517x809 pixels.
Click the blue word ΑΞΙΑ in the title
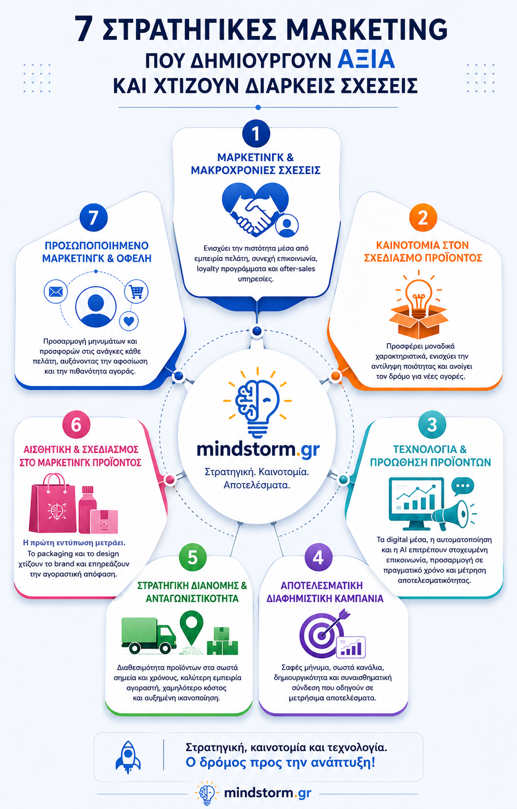[x=366, y=60]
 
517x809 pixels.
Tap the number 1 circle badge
[x=256, y=134]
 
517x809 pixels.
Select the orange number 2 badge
[x=423, y=217]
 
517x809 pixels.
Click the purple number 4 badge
[x=318, y=557]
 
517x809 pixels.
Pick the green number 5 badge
[x=193, y=557]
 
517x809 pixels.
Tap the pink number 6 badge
[x=76, y=424]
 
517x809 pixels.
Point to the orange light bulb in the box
[x=419, y=293]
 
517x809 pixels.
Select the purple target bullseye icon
[x=321, y=635]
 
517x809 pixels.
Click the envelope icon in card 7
[x=56, y=292]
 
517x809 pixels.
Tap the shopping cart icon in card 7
[x=137, y=291]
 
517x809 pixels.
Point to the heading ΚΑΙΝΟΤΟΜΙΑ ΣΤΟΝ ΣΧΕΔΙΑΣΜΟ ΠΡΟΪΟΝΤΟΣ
[x=423, y=252]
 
